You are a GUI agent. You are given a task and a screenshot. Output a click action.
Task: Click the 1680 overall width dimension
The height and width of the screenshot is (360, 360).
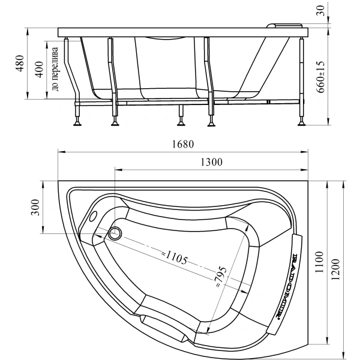[182, 145]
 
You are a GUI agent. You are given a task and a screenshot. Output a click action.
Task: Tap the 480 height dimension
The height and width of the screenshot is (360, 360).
[20, 64]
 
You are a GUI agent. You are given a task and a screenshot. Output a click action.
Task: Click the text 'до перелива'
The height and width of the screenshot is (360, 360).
[54, 67]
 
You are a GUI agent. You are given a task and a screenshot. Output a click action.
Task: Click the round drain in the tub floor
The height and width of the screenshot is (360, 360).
[115, 233]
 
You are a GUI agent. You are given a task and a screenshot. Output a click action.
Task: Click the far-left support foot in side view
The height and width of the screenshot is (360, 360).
[77, 124]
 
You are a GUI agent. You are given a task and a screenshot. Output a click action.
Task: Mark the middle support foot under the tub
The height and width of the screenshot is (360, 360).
[181, 124]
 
